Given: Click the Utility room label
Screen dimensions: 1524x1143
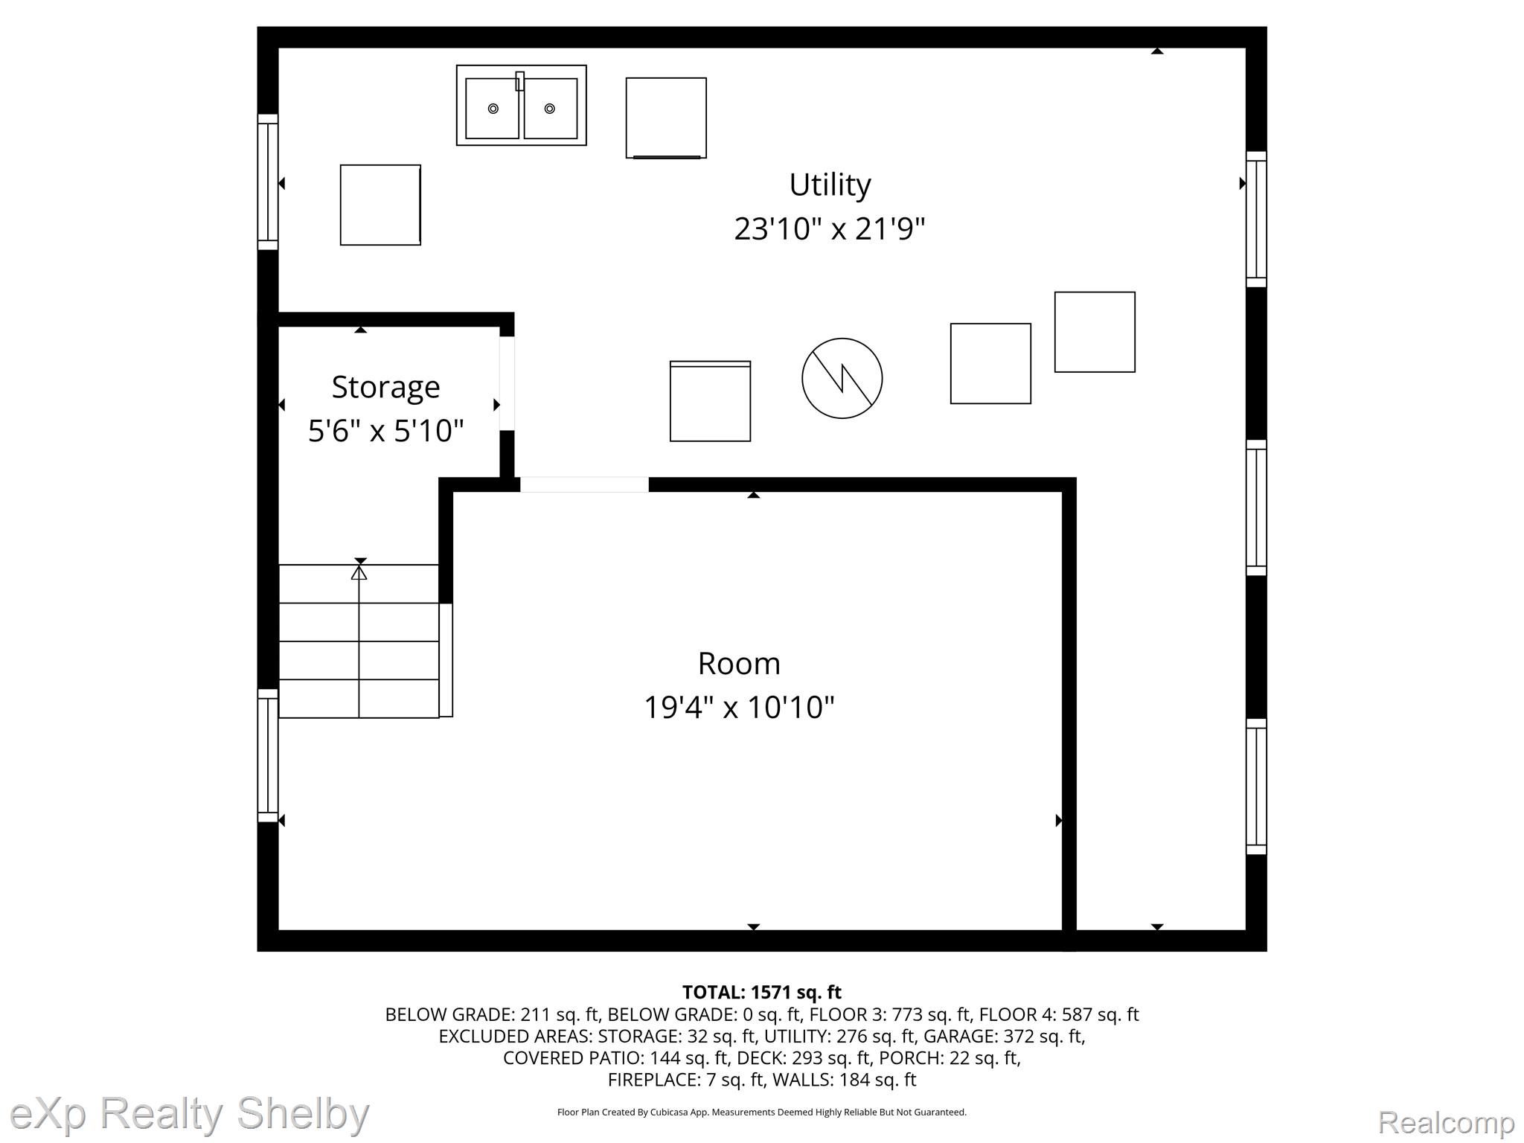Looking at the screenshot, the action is pos(830,185).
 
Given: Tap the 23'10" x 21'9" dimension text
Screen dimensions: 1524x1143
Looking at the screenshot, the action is pos(830,228).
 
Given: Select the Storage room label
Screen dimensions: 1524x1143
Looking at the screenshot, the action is pos(385,388).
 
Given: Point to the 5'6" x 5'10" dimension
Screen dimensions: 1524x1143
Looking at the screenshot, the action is pos(385,430).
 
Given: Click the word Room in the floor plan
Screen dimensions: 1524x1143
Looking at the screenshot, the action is pos(739,663).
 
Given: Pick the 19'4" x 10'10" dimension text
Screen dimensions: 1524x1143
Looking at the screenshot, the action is pos(739,706).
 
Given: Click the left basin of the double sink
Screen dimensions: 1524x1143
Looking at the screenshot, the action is pos(492,109).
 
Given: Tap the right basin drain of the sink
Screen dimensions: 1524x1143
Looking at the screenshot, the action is pos(550,109).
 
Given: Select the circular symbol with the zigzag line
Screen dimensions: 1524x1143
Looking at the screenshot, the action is pos(842,378).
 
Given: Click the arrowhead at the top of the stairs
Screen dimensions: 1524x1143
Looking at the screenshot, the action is pos(359,572).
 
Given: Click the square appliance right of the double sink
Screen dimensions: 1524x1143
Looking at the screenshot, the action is pos(666,118).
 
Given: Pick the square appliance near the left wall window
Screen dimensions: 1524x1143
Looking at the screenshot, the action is pos(380,205).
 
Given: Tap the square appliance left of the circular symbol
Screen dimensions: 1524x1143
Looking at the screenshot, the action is pos(710,401).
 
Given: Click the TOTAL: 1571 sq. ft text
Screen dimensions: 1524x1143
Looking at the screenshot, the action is pos(761,992).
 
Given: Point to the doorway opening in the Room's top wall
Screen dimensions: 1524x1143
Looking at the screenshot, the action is pos(584,484).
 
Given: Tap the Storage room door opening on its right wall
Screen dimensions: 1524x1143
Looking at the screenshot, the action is pos(507,383).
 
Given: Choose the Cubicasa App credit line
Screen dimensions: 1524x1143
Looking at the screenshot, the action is pos(761,1112).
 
